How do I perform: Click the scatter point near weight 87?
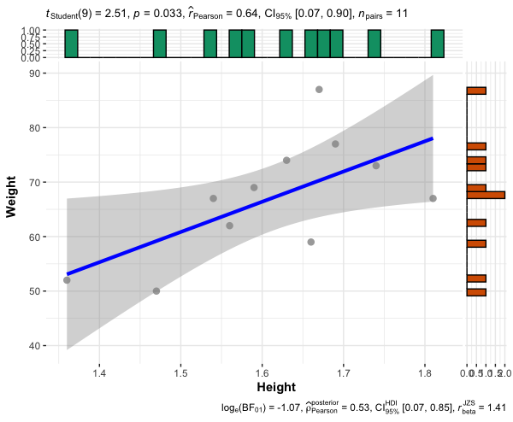pyautogui.click(x=319, y=90)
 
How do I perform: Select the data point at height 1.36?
pyautogui.click(x=67, y=280)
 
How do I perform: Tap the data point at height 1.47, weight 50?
pyautogui.click(x=156, y=291)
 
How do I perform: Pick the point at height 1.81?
pyautogui.click(x=433, y=198)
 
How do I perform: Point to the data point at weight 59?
pyautogui.click(x=311, y=242)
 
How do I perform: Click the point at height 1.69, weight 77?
pyautogui.click(x=335, y=144)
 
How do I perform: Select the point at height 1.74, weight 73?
pyautogui.click(x=376, y=166)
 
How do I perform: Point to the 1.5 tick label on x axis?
pyautogui.click(x=181, y=373)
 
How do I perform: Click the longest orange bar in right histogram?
pyautogui.click(x=486, y=195)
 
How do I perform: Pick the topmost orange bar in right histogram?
pyautogui.click(x=476, y=90)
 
